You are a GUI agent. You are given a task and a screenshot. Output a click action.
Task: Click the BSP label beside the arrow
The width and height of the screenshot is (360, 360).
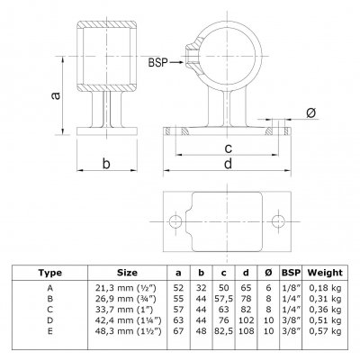pyautogui.click(x=157, y=62)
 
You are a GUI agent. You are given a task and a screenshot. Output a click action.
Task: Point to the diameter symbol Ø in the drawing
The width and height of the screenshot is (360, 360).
pyautogui.click(x=311, y=113)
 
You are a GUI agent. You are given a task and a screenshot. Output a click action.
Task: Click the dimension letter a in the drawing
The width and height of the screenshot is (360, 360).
pyautogui.click(x=56, y=95)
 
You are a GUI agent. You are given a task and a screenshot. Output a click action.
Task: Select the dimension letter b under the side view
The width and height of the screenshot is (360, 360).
pyautogui.click(x=106, y=164)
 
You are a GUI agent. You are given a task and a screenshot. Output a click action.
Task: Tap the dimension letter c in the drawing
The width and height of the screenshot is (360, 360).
pyautogui.click(x=229, y=148)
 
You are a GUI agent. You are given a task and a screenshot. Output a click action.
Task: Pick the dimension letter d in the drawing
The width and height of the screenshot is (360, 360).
pyautogui.click(x=229, y=164)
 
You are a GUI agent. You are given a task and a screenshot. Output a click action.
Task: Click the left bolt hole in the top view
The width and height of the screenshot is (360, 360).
pyautogui.click(x=175, y=221)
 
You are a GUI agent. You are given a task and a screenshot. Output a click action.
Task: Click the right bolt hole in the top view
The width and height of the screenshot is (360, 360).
pyautogui.click(x=278, y=221)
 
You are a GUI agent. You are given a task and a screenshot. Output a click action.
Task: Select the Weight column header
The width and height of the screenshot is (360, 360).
pyautogui.click(x=325, y=273)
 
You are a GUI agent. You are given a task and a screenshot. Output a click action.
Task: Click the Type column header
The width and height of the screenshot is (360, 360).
pyautogui.click(x=50, y=273)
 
